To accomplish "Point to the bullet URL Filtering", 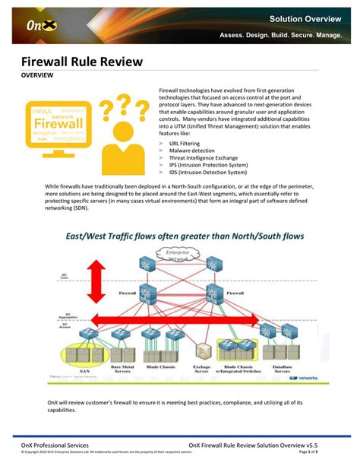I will [x=187, y=143].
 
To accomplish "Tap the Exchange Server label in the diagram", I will [x=202, y=372].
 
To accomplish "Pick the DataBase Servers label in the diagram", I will [x=282, y=372].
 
